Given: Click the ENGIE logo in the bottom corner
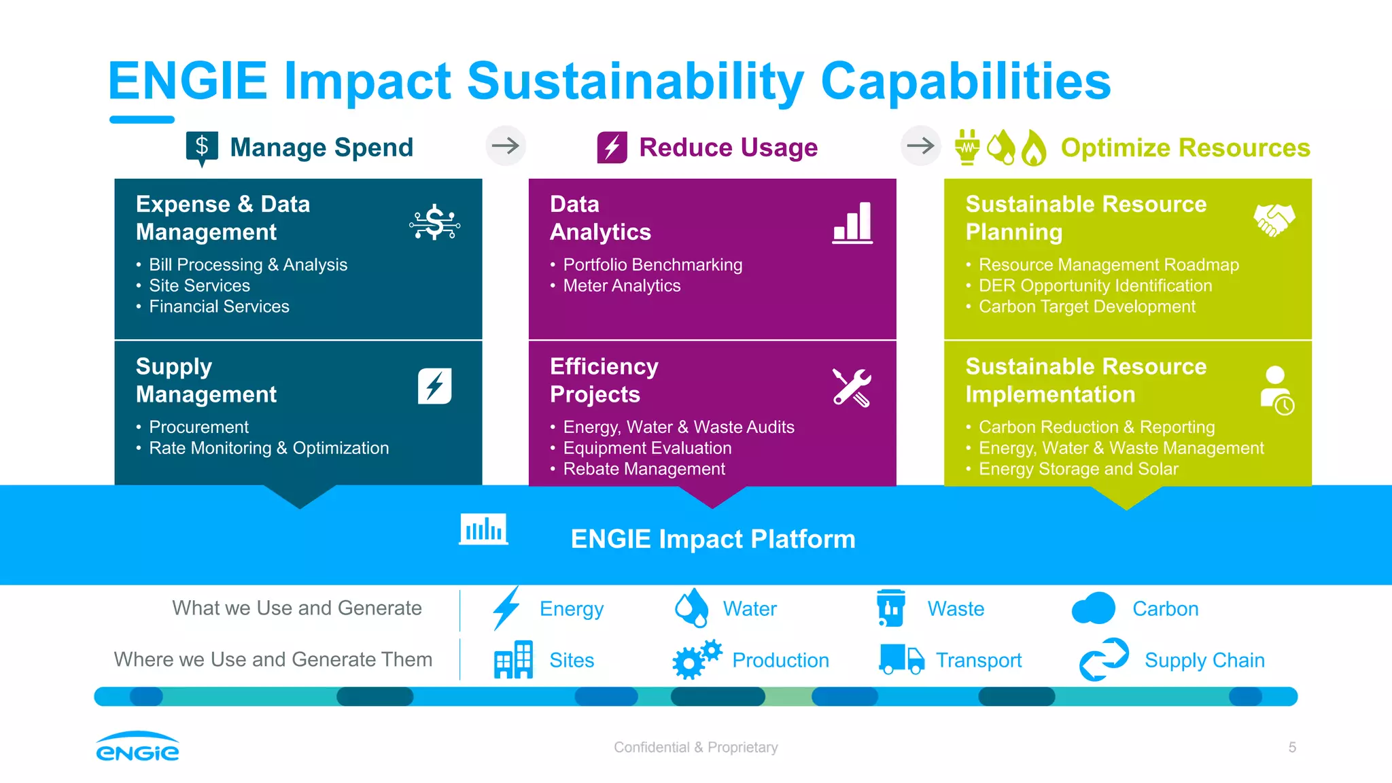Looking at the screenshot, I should coord(137,746).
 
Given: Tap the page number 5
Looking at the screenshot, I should coord(1292,747).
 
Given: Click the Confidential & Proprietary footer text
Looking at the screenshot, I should coord(695,747).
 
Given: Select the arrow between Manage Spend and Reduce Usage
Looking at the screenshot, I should coord(506,145).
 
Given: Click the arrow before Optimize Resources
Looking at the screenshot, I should coord(920,145).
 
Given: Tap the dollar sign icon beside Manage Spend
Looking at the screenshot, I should coord(202,147).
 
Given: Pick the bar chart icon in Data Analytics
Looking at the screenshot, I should coord(852,223).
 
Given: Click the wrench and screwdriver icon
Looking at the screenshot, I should coord(852,387).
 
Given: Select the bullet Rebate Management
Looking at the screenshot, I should coord(644,469).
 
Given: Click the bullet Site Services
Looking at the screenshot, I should coord(199,285).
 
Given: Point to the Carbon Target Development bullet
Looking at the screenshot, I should coord(1086,307).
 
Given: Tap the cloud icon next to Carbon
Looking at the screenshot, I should coord(1093,608).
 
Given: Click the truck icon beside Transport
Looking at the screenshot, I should coord(901,659).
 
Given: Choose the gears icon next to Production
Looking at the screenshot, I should coord(696,659).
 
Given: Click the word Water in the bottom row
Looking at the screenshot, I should coord(749,608).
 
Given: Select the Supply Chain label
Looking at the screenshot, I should coord(1204,660).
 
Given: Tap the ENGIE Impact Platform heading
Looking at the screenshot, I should coord(712,539).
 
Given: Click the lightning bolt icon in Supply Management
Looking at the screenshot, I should coord(435,386).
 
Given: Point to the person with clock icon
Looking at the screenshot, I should coord(1276,390).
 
